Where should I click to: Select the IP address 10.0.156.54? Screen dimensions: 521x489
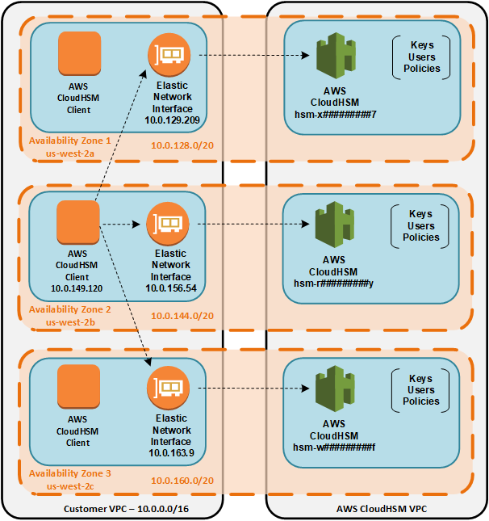coord(171,288)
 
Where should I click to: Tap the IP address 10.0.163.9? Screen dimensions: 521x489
coord(171,453)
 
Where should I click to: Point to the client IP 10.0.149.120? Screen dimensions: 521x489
coord(78,288)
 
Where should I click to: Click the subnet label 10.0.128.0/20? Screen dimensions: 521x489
coord(182,145)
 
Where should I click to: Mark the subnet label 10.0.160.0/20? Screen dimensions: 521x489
coord(182,481)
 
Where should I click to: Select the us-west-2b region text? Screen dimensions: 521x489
coord(72,321)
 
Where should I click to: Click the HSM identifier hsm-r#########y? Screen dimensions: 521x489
coord(334,283)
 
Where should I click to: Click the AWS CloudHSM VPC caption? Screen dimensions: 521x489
coord(377,509)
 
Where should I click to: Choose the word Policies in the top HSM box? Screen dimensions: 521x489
coord(421,69)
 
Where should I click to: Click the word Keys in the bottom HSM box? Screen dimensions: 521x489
coord(421,378)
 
